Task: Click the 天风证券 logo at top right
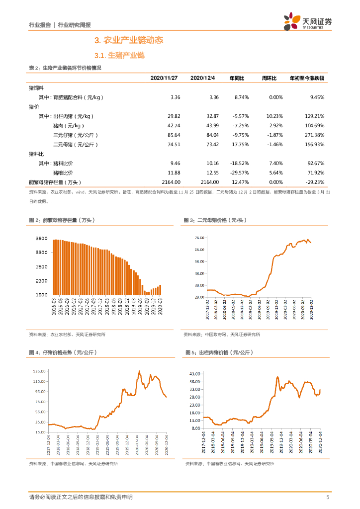click(x=308, y=21)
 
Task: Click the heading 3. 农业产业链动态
click(x=129, y=40)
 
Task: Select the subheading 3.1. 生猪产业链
click(x=119, y=56)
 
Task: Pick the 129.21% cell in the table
click(x=313, y=116)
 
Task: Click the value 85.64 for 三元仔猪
click(x=174, y=135)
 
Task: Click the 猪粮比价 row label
click(x=63, y=172)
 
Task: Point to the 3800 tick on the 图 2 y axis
click(x=41, y=239)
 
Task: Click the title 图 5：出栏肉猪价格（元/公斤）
click(x=219, y=352)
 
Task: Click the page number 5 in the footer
click(x=327, y=497)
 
